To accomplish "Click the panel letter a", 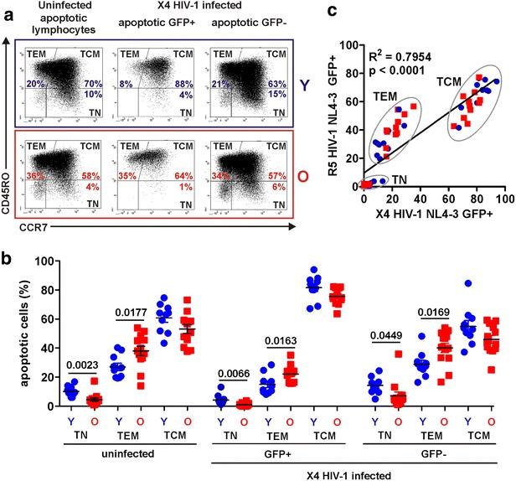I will pyautogui.click(x=8, y=10).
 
